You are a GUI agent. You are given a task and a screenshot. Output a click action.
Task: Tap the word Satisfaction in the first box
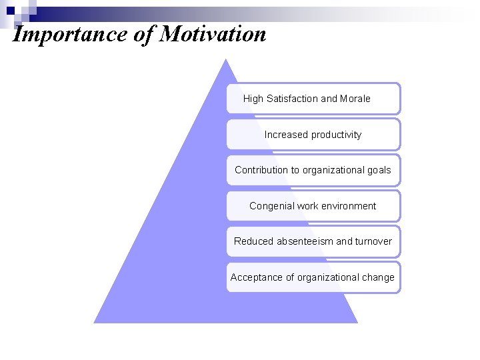click(292, 99)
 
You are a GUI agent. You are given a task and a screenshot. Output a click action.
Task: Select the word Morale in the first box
click(355, 99)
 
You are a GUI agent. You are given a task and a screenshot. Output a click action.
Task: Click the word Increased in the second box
click(285, 135)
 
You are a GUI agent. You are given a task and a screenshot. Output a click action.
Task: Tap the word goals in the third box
click(377, 170)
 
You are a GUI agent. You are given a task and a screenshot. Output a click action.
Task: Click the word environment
click(349, 206)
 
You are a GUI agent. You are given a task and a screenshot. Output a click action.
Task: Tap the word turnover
click(373, 241)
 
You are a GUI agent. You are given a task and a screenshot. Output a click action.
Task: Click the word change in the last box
click(378, 277)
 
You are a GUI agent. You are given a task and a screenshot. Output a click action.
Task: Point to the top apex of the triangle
click(226, 60)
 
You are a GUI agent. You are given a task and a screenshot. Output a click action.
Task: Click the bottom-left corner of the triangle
click(95, 322)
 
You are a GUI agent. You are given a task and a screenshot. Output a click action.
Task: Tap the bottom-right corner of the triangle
click(357, 322)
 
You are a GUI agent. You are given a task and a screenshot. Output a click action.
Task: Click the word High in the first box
click(253, 99)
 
